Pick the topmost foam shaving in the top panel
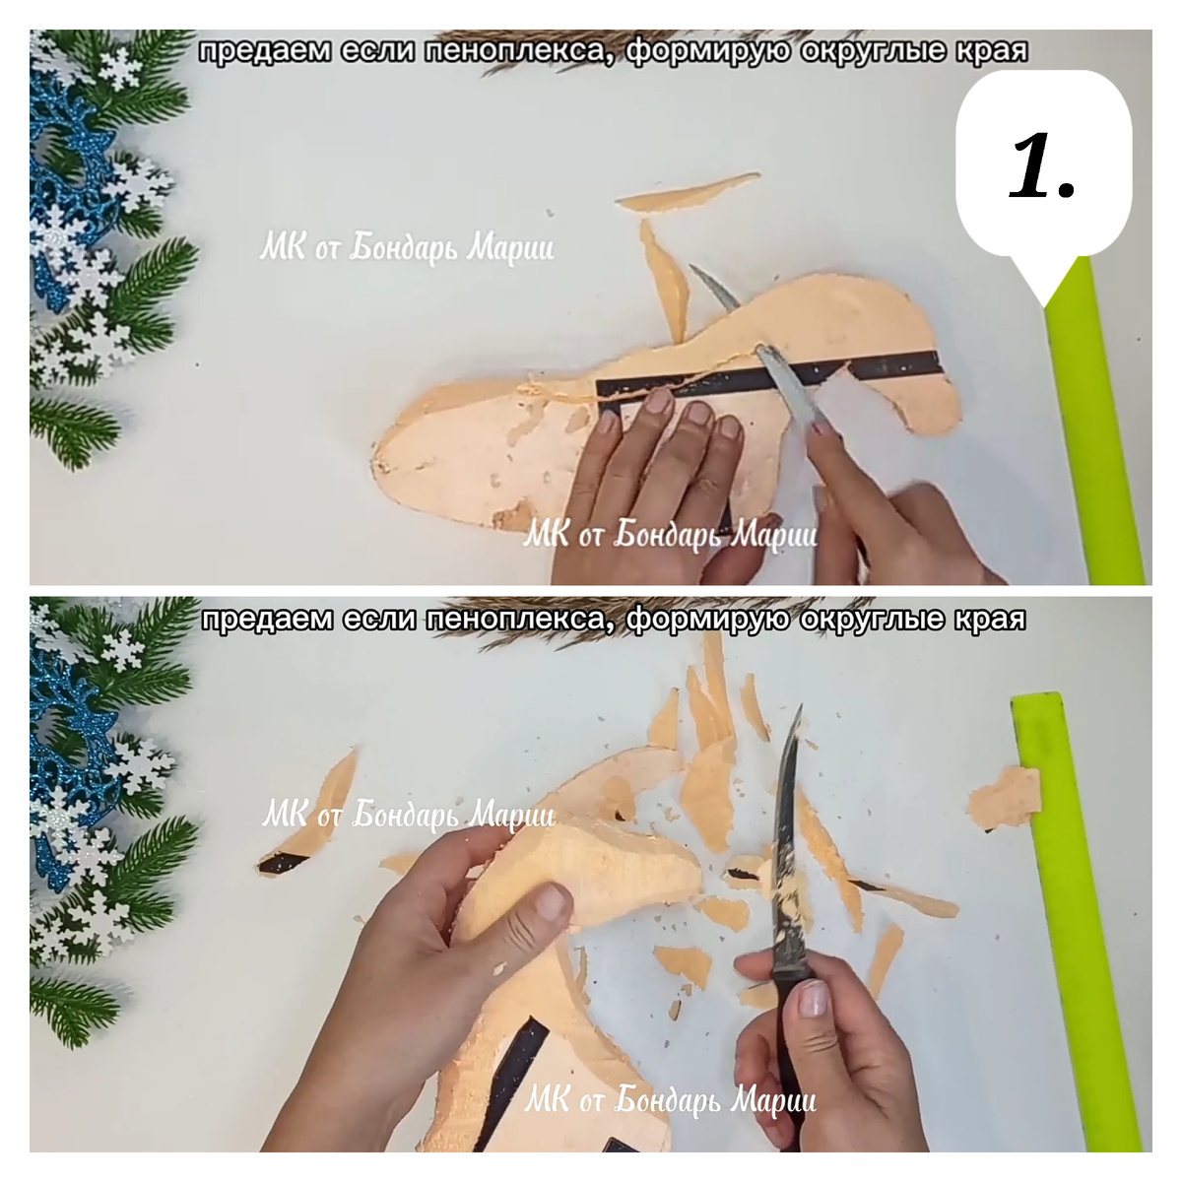[x=687, y=192]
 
